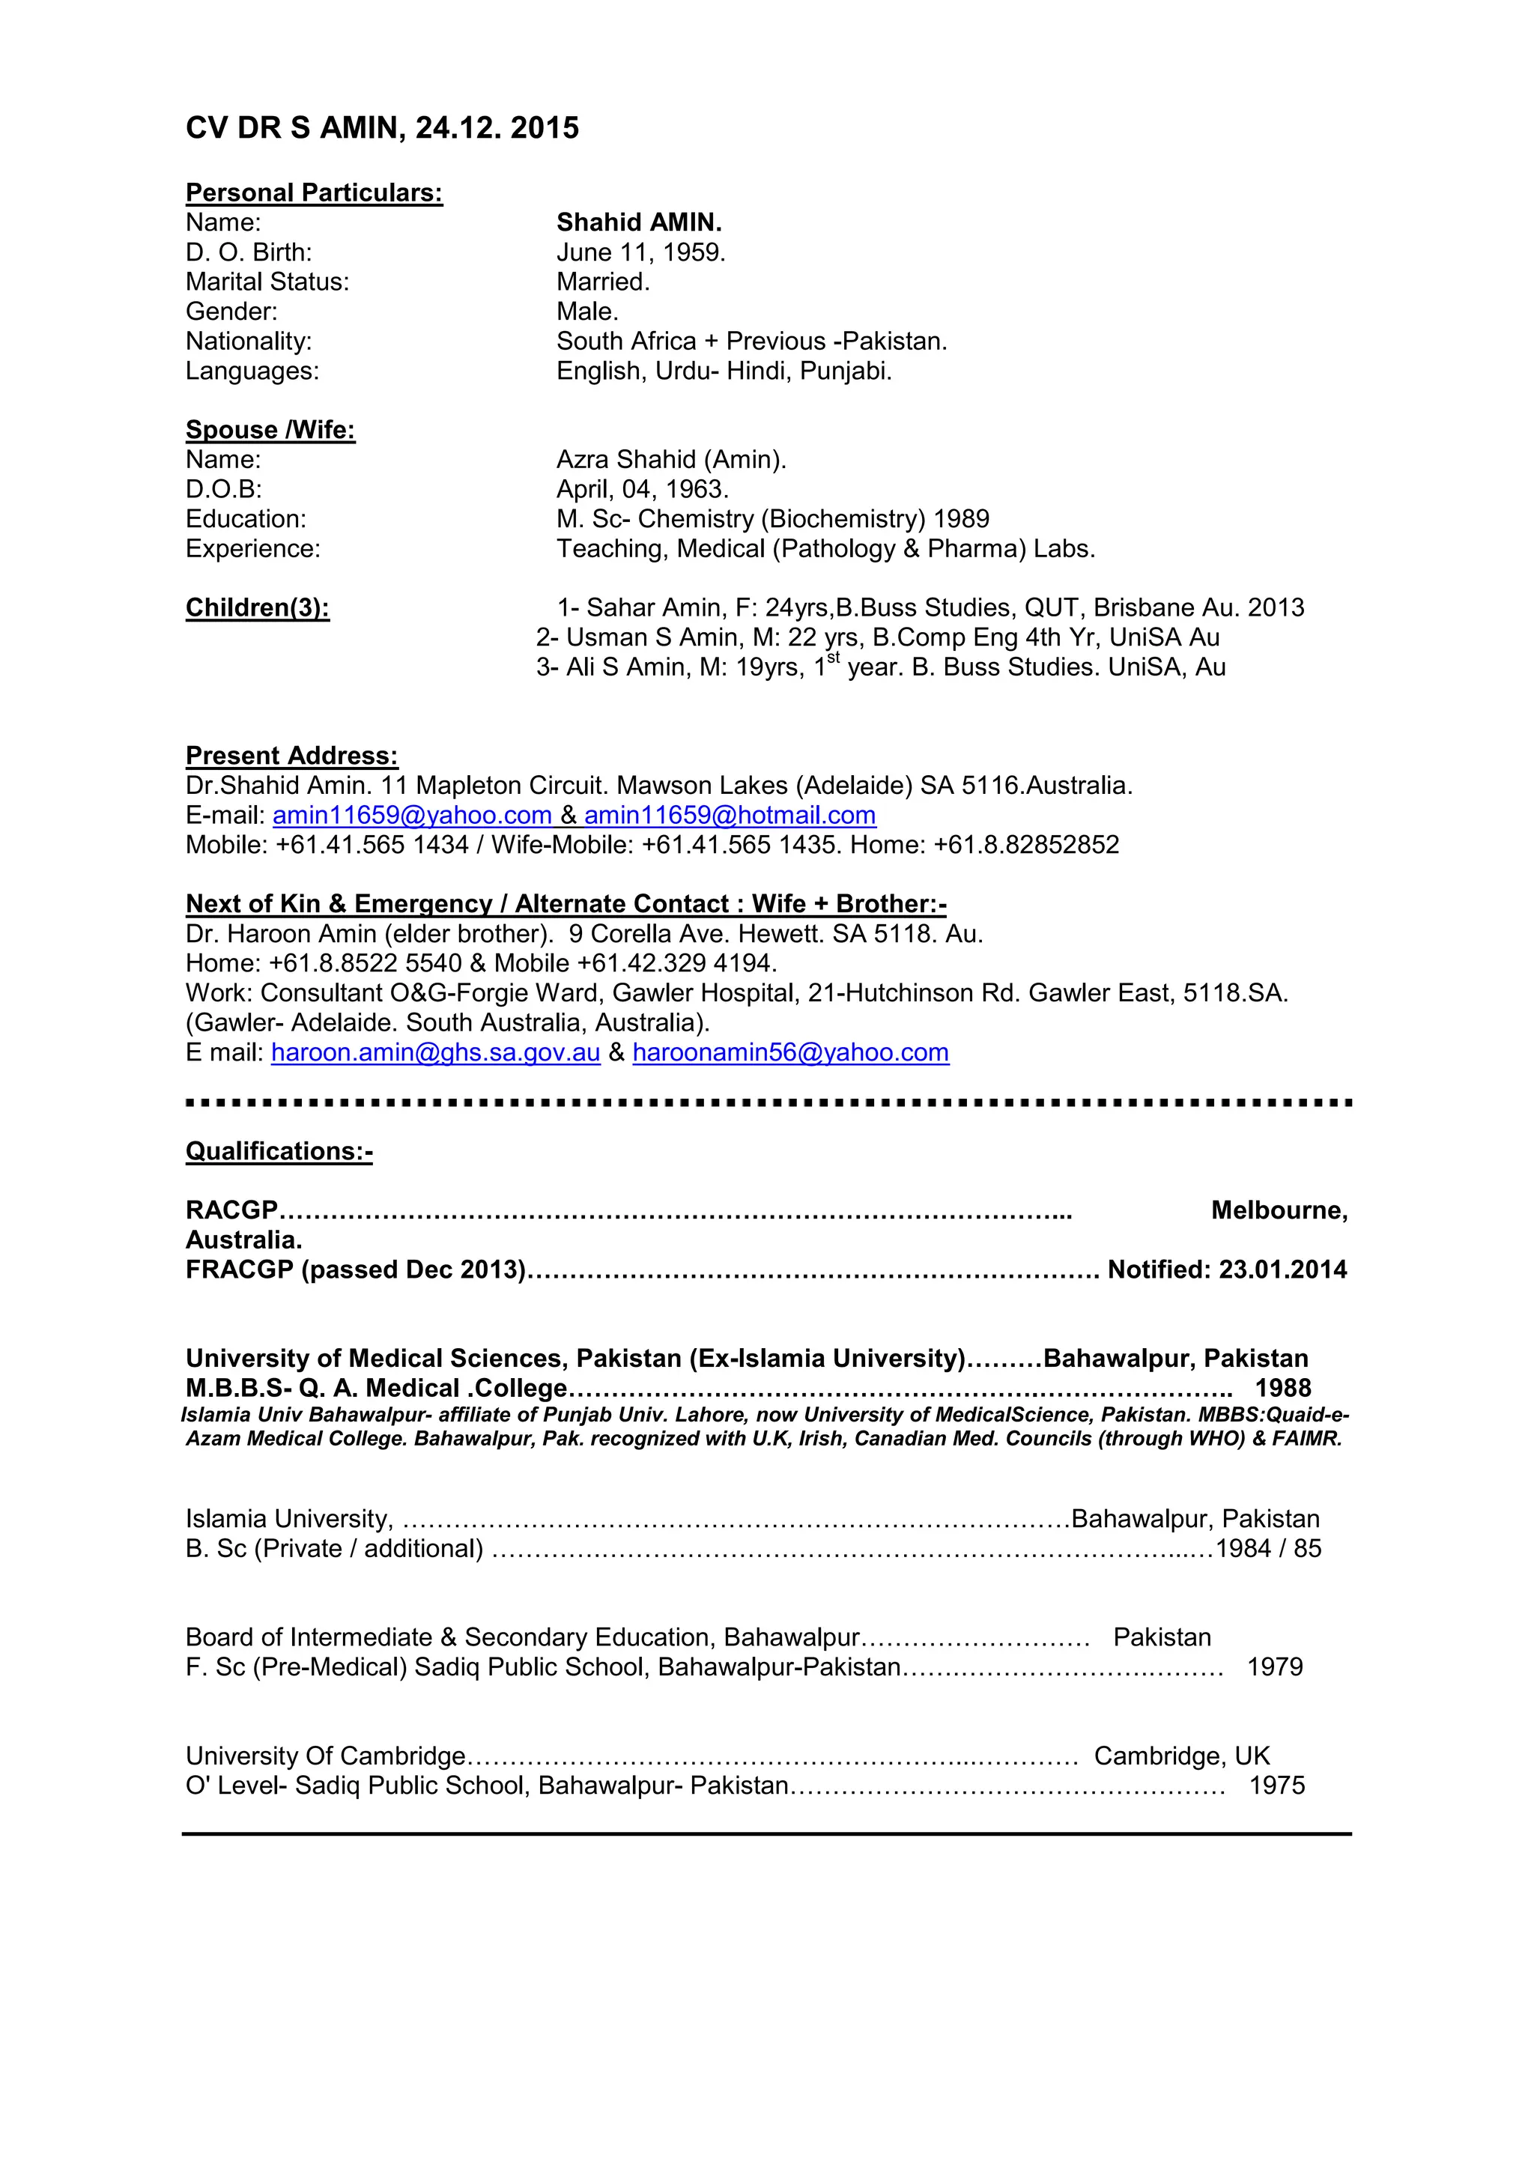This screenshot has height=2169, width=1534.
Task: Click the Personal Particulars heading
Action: tap(314, 192)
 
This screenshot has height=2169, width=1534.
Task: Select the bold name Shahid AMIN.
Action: tap(638, 223)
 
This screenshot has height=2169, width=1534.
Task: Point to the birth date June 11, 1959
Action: tap(640, 252)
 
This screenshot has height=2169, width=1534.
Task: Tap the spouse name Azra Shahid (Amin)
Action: tap(670, 460)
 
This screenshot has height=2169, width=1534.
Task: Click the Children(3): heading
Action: tap(257, 607)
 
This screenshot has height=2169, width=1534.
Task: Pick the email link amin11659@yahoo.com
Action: tap(412, 816)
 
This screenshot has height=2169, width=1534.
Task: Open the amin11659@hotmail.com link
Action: tap(730, 816)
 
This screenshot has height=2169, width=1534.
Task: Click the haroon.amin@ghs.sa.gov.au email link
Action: tap(435, 1052)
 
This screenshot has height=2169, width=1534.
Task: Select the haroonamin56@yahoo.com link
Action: tap(791, 1052)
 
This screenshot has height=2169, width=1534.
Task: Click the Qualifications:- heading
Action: tap(279, 1152)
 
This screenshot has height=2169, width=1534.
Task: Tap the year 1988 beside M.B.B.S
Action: tap(1283, 1388)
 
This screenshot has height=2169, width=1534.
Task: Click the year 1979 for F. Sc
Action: tap(1274, 1666)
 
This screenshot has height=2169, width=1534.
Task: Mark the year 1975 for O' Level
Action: tap(1276, 1786)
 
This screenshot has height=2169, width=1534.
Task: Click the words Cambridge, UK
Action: tap(1182, 1756)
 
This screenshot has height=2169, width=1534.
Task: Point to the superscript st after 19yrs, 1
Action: tap(833, 658)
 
